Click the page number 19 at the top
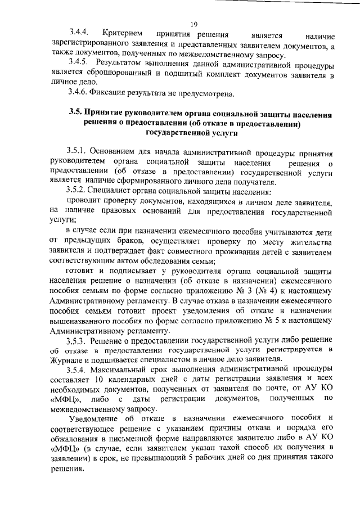click(x=193, y=24)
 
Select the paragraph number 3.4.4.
click(x=80, y=34)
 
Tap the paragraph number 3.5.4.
click(x=78, y=370)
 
